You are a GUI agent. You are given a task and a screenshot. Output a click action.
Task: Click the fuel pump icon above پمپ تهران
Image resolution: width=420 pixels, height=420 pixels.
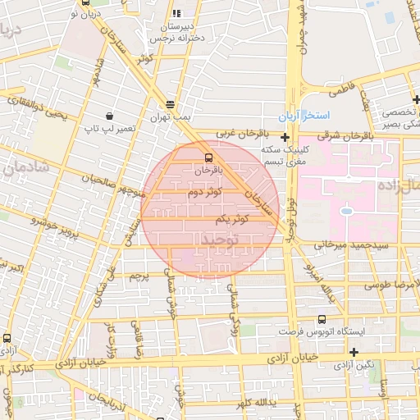[x=170, y=104]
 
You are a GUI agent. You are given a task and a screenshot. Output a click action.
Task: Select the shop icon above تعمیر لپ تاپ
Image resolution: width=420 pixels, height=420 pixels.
[x=110, y=116]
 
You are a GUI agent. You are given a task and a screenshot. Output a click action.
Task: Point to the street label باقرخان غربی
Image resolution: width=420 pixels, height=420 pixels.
[x=243, y=132]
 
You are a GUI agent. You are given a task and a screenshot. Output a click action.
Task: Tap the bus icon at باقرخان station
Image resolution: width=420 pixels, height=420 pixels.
[x=208, y=156]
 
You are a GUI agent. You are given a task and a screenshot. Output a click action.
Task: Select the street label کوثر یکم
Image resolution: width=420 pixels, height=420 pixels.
[x=233, y=219]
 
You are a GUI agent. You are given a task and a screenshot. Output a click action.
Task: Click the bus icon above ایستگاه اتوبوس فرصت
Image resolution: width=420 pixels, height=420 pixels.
[x=320, y=318]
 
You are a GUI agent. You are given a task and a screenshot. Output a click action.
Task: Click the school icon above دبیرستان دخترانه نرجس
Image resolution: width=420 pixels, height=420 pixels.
[x=176, y=13]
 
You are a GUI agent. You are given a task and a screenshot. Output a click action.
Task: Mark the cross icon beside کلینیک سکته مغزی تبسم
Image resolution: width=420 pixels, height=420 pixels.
[x=285, y=137]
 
